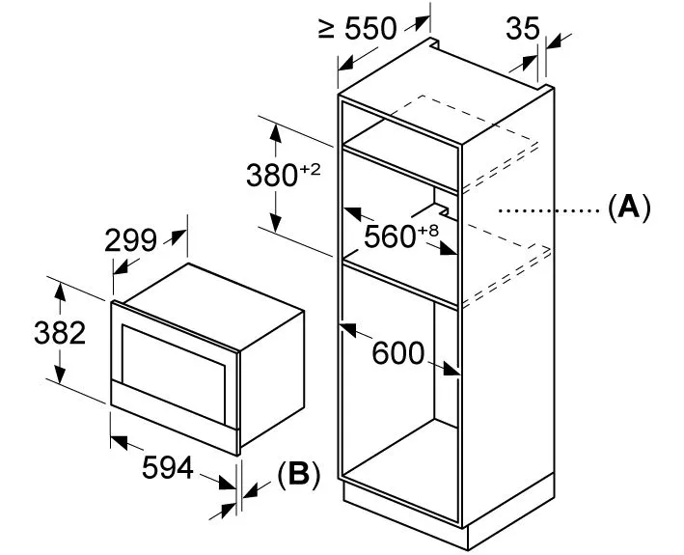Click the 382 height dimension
[60, 333]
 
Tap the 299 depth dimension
[130, 240]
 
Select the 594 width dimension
[168, 467]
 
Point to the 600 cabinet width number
[398, 353]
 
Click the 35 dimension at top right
[523, 29]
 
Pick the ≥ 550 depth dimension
[357, 29]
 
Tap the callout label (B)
[299, 474]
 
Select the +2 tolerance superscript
[310, 169]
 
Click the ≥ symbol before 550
[326, 29]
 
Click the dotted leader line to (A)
[549, 210]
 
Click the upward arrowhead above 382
[60, 291]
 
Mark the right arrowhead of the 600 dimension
[451, 369]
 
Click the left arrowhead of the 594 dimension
[119, 442]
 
